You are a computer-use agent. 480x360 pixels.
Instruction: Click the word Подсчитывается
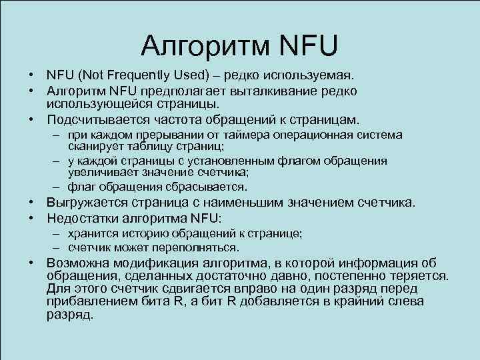point(99,120)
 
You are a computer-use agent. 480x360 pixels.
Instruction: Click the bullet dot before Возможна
point(31,263)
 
